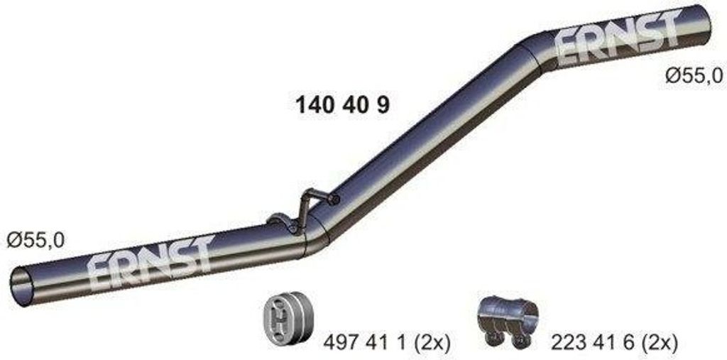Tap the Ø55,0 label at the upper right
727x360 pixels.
pyautogui.click(x=694, y=75)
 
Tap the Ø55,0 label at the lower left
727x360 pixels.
pyautogui.click(x=35, y=241)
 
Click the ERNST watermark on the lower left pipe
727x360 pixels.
pyautogui.click(x=150, y=262)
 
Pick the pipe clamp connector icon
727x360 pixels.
pyautogui.click(x=508, y=320)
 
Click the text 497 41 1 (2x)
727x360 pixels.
pyautogui.click(x=387, y=344)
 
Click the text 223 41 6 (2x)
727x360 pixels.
pyautogui.click(x=614, y=344)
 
